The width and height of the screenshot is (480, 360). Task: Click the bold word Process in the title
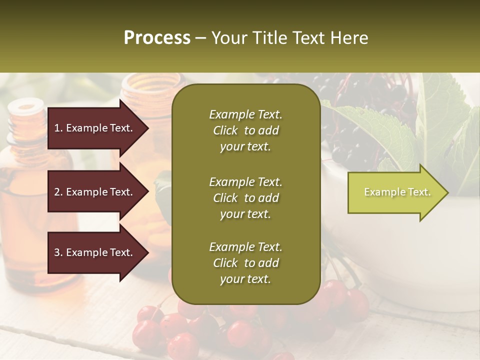click(157, 38)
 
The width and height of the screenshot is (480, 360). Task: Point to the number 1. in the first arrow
click(58, 128)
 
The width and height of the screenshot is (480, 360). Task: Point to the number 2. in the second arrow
click(58, 192)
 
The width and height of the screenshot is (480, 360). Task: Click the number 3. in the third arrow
click(58, 252)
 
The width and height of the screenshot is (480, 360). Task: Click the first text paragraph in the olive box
click(245, 130)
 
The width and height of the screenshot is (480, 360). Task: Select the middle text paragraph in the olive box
click(245, 198)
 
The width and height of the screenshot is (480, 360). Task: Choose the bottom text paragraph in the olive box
click(245, 263)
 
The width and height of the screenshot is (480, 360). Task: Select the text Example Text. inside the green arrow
click(397, 192)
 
